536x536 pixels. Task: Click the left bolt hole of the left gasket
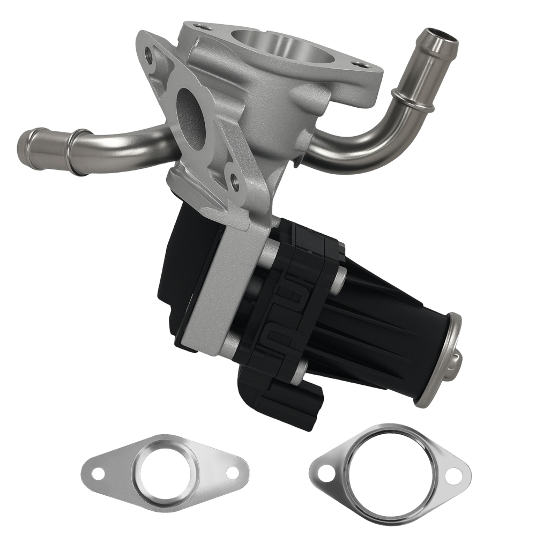tap(97, 473)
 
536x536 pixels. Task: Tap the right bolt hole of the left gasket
tap(232, 472)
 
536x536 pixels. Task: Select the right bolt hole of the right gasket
tap(453, 474)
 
